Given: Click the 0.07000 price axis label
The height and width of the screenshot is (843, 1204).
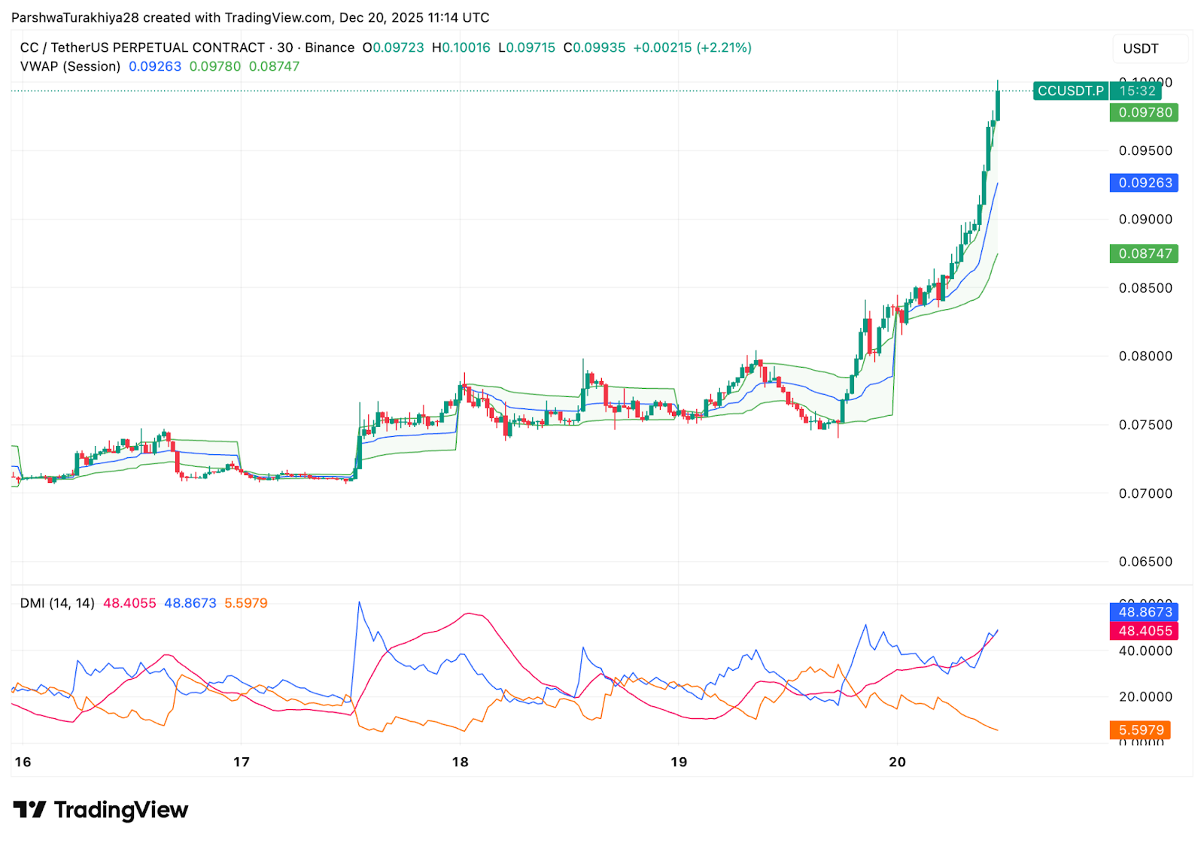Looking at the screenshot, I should pyautogui.click(x=1145, y=493).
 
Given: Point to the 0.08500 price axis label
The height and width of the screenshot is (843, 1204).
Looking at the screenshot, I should pyautogui.click(x=1145, y=288).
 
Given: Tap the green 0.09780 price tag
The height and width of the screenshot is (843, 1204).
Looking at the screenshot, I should pyautogui.click(x=1144, y=113).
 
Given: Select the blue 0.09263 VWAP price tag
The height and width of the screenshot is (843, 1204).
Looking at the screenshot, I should pyautogui.click(x=1144, y=183).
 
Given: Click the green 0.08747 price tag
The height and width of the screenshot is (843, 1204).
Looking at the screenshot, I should pyautogui.click(x=1144, y=253).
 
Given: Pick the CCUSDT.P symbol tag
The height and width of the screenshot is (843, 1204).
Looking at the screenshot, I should pyautogui.click(x=1070, y=91).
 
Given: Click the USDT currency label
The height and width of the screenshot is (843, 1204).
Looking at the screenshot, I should pyautogui.click(x=1140, y=49).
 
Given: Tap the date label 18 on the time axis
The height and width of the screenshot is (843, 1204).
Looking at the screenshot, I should pyautogui.click(x=460, y=762).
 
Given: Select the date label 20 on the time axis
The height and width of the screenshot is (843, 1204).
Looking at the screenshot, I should pyautogui.click(x=897, y=762).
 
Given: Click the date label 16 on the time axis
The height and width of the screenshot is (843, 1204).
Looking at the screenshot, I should pyautogui.click(x=23, y=762).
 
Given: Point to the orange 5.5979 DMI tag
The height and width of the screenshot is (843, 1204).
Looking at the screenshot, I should pyautogui.click(x=1140, y=730).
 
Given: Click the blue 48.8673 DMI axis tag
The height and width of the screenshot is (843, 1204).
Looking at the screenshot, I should pyautogui.click(x=1144, y=612).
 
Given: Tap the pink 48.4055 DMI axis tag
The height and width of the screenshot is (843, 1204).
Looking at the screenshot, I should pyautogui.click(x=1144, y=631).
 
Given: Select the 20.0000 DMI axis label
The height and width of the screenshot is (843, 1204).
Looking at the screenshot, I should pyautogui.click(x=1145, y=697).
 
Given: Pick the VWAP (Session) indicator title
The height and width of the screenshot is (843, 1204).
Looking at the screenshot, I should pyautogui.click(x=70, y=66).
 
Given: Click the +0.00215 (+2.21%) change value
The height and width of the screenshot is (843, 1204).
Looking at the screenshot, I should pyautogui.click(x=692, y=47).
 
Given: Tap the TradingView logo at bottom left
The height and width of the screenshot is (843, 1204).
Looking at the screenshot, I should pyautogui.click(x=101, y=810).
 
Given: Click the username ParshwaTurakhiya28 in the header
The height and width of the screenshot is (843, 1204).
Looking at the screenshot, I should pyautogui.click(x=75, y=17).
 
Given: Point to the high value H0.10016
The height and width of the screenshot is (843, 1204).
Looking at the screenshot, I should pyautogui.click(x=461, y=47).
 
